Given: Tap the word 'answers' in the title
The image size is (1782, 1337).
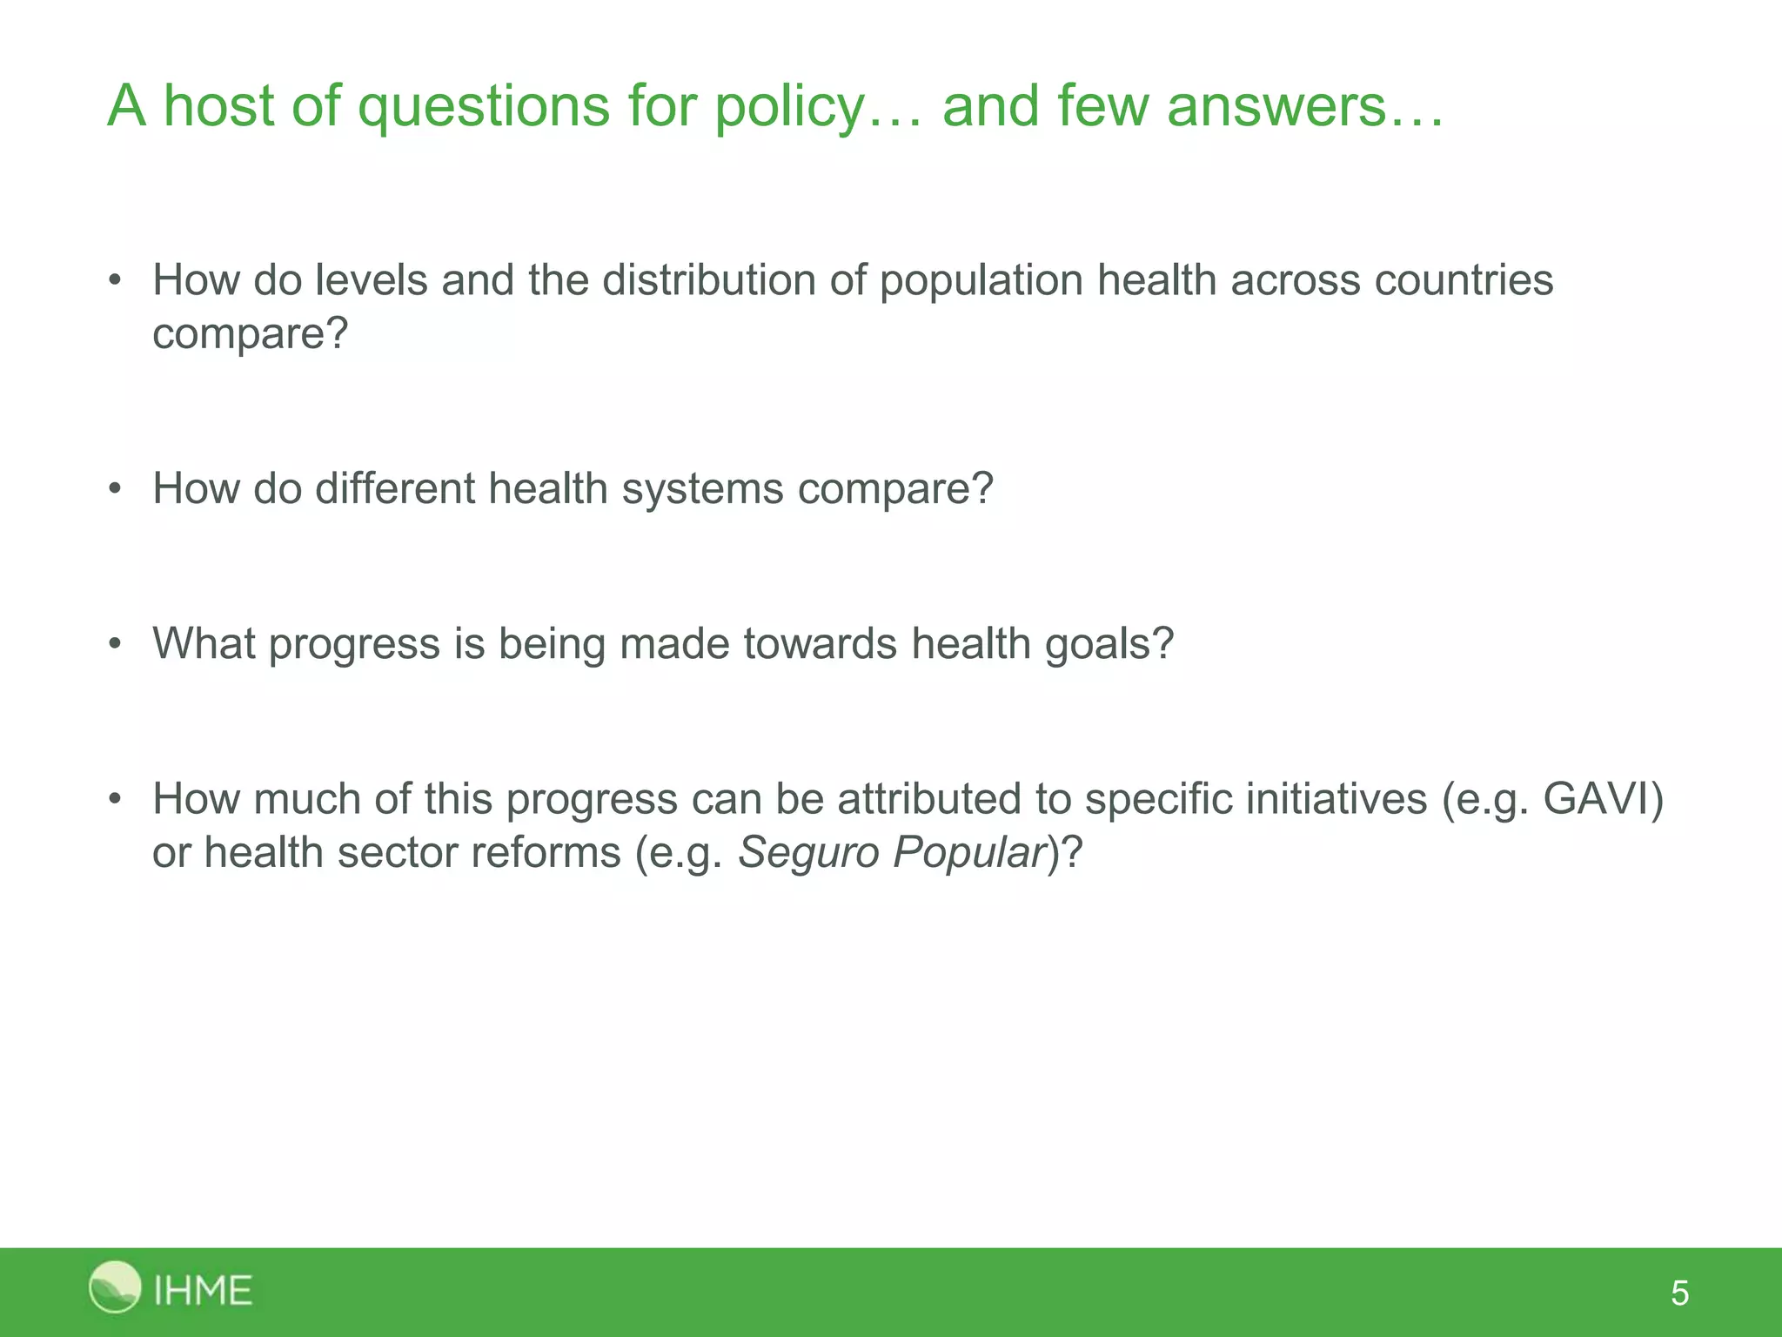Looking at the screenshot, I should pos(1276,106).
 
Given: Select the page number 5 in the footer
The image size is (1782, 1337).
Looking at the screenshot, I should pos(1679,1293).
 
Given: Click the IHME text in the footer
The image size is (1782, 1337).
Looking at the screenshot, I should pos(203,1290).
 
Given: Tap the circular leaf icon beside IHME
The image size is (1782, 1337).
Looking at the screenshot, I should pos(115,1287).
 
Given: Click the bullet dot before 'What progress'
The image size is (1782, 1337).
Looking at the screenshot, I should pos(115,644).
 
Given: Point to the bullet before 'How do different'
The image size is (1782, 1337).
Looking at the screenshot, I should pos(115,489).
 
